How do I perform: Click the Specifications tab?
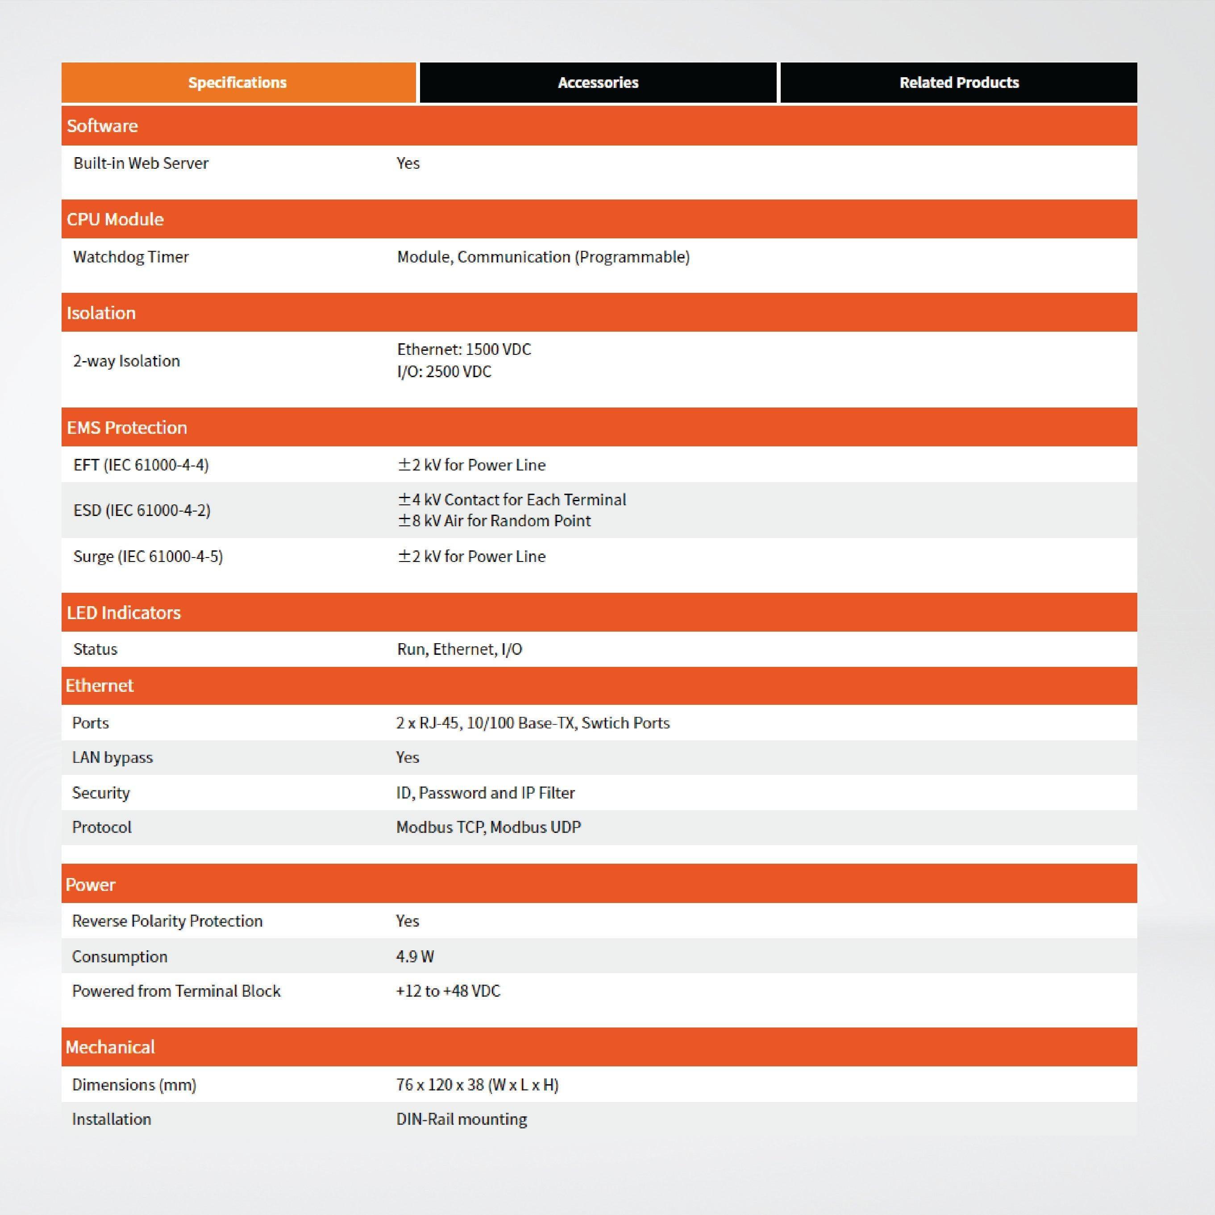point(238,83)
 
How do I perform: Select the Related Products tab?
point(958,83)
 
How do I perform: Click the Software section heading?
point(103,126)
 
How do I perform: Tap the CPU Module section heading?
point(115,220)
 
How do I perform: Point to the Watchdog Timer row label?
point(131,257)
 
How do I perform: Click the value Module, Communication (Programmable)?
point(543,257)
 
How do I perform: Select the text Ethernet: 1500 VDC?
point(464,349)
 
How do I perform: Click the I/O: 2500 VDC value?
point(444,372)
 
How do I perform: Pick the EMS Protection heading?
point(127,428)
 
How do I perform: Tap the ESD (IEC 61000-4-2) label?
point(142,510)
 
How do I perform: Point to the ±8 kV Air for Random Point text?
point(494,521)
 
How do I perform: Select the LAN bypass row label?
point(112,757)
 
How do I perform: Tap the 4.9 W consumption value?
point(415,957)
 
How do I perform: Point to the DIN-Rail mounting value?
point(462,1119)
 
